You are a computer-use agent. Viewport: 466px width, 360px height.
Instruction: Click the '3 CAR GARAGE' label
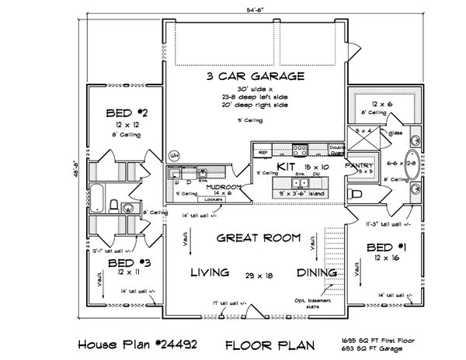click(256, 76)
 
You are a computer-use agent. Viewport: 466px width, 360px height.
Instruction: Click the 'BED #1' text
click(384, 247)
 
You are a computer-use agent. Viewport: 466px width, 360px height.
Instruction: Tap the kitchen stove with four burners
click(299, 149)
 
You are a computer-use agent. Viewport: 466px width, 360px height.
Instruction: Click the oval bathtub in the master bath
click(410, 164)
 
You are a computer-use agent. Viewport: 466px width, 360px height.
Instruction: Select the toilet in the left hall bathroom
click(113, 206)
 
